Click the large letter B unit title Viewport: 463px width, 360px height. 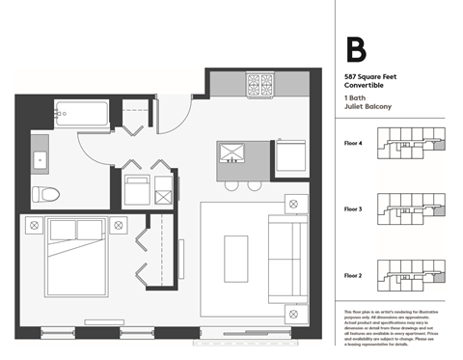pos(356,50)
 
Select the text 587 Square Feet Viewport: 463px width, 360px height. pos(372,76)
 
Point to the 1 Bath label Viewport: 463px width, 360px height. pos(354,99)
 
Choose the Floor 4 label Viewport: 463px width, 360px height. pos(354,143)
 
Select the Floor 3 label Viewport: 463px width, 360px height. pos(354,208)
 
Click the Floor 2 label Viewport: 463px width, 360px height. pos(354,274)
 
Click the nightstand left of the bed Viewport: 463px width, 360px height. pos(36,225)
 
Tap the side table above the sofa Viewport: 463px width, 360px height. pos(291,204)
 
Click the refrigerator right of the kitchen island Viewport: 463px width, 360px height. pos(292,154)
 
